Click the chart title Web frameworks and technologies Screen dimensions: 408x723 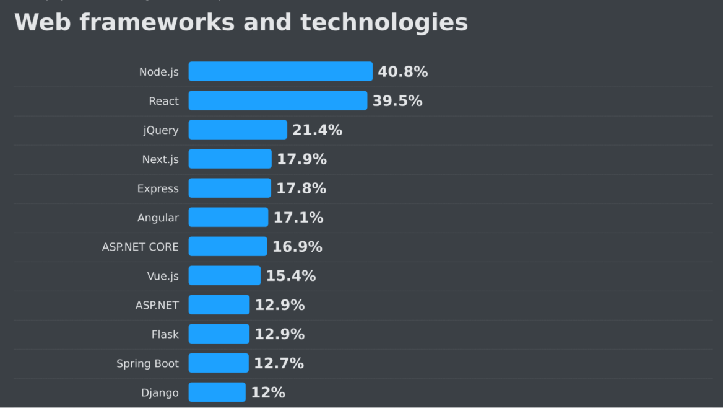click(241, 23)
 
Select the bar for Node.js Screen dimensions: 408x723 click(280, 71)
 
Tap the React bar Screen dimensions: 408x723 click(277, 100)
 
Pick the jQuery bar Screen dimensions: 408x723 click(238, 130)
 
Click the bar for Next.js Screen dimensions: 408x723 click(230, 159)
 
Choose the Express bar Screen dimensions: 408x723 click(230, 188)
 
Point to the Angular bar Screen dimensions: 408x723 click(228, 217)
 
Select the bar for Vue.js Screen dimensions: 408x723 click(224, 275)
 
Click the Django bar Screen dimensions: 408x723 click(217, 392)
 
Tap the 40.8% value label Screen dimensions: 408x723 click(402, 72)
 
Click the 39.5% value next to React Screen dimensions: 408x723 click(397, 101)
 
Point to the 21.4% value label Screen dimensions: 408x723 click(317, 130)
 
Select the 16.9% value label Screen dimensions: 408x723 click(297, 247)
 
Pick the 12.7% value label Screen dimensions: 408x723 click(279, 363)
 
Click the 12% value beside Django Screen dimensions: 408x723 click(267, 392)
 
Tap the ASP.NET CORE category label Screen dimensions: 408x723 click(140, 247)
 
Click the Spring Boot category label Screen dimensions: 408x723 click(147, 363)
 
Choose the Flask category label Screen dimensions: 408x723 click(165, 334)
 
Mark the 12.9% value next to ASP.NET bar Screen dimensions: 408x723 click(279, 305)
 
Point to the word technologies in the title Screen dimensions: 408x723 click(384, 23)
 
